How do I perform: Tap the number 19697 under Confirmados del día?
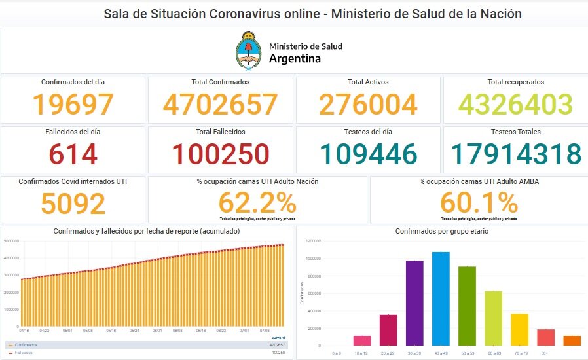pyautogui.click(x=73, y=105)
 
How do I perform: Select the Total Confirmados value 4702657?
pyautogui.click(x=221, y=105)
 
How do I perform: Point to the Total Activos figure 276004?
pyautogui.click(x=368, y=105)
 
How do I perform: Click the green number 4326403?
pyautogui.click(x=515, y=105)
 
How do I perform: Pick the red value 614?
pyautogui.click(x=73, y=154)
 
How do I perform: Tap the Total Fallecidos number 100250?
pyautogui.click(x=221, y=154)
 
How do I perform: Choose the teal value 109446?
pyautogui.click(x=368, y=154)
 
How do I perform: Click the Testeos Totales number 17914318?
pyautogui.click(x=515, y=154)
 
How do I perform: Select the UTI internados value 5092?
pyautogui.click(x=73, y=203)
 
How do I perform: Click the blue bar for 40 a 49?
pyautogui.click(x=441, y=298)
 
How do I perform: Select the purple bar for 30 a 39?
pyautogui.click(x=414, y=302)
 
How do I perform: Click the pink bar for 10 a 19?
pyautogui.click(x=362, y=340)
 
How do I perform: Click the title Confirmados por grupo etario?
pyautogui.click(x=441, y=232)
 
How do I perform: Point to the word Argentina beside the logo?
pyautogui.click(x=295, y=58)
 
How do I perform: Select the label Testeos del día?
pyautogui.click(x=368, y=132)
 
